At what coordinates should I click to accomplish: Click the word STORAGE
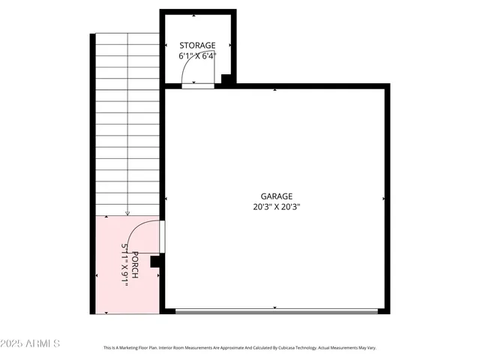coord(197,45)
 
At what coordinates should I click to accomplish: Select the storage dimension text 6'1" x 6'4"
coord(197,56)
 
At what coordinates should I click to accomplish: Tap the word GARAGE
coord(277,196)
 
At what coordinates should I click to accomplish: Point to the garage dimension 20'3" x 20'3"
coord(277,206)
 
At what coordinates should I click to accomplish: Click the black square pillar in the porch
coord(155,261)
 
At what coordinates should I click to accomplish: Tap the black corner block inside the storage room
coord(227,79)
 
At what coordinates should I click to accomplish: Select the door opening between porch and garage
coord(162,236)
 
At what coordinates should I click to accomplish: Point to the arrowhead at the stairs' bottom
coord(127,213)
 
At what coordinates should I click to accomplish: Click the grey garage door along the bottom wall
coord(277,310)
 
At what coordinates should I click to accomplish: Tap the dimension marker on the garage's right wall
coord(384,199)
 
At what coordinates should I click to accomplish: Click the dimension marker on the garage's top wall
coord(276,90)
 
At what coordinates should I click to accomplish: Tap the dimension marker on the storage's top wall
coord(196,15)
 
